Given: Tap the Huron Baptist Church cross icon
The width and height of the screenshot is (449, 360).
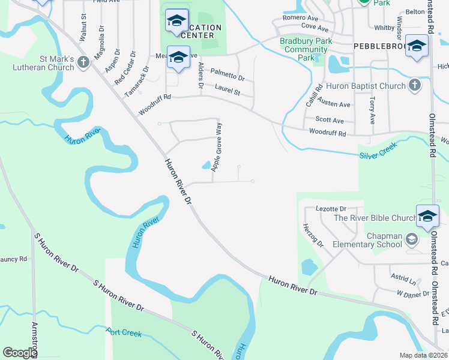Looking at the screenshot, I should pos(414,86).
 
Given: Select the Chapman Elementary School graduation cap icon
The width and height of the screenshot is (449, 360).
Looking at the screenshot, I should pos(411,240).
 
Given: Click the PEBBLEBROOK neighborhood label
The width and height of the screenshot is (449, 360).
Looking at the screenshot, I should pos(379,46).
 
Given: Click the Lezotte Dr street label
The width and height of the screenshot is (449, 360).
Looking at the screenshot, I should pos(331,208).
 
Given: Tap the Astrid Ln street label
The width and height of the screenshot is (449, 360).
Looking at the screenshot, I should pos(403,280).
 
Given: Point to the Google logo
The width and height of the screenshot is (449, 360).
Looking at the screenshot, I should pos(20,353).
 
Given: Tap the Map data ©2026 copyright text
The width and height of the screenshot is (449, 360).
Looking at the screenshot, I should pos(423,355).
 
